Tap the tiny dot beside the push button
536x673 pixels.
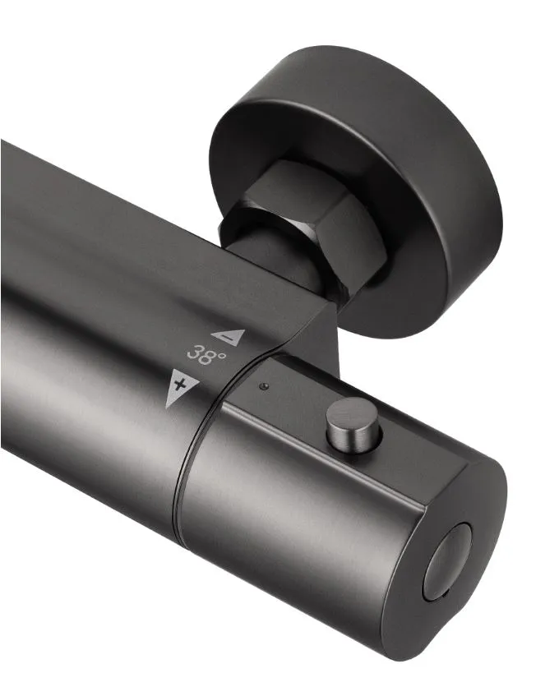click(x=263, y=386)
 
